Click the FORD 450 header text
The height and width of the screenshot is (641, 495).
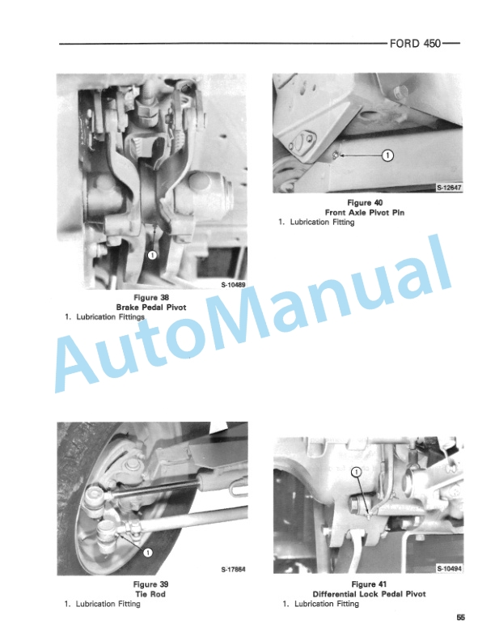tap(416, 44)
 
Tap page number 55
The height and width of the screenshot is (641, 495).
tap(460, 619)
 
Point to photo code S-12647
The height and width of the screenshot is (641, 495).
tap(449, 187)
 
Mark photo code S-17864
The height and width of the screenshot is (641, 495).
tap(233, 568)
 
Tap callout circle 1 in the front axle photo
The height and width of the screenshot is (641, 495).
tap(387, 155)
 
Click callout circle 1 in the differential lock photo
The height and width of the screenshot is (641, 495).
tap(357, 472)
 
